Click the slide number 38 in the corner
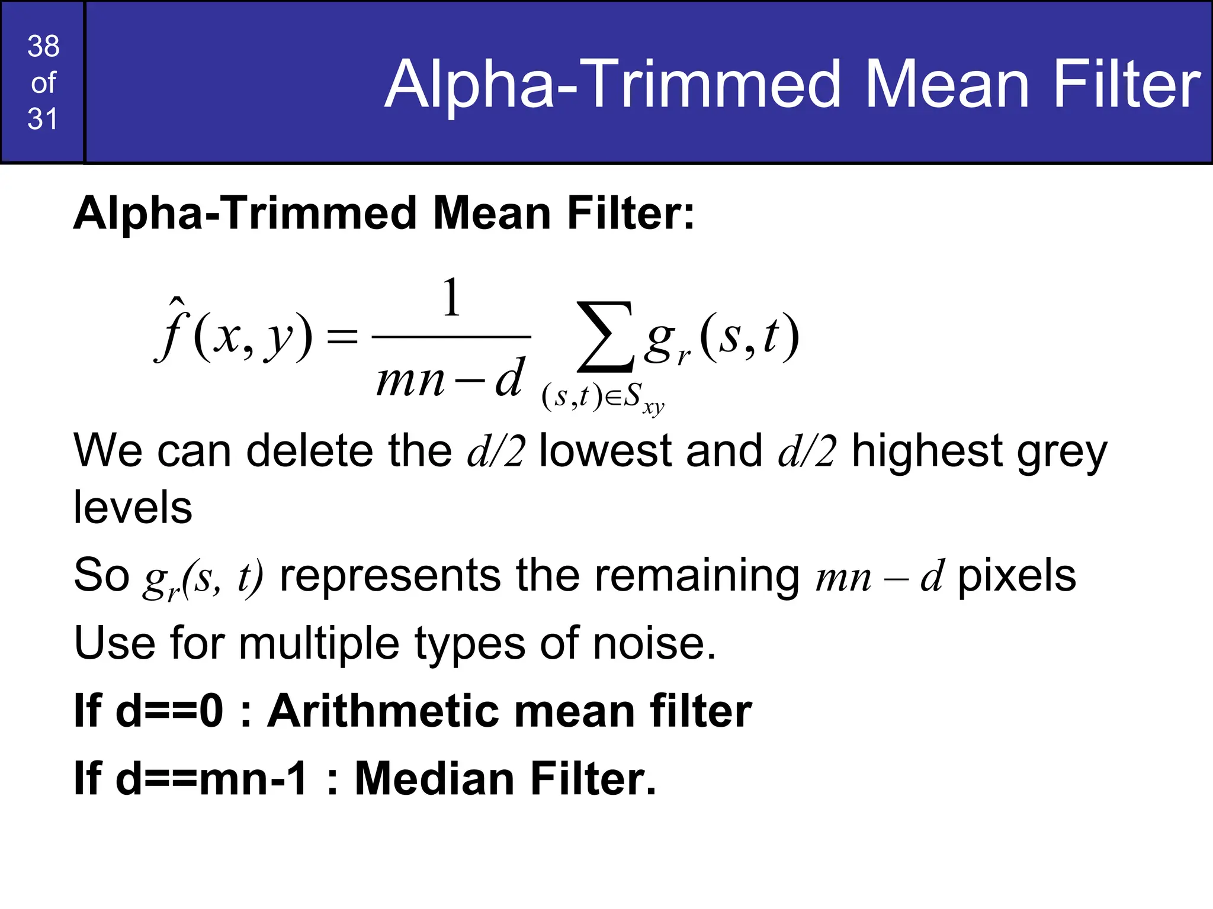coord(43,46)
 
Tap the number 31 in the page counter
coord(43,119)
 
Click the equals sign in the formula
coord(342,337)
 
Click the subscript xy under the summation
coord(654,408)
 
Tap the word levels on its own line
coord(133,508)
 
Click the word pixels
coord(1016,575)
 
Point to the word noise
coord(654,643)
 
